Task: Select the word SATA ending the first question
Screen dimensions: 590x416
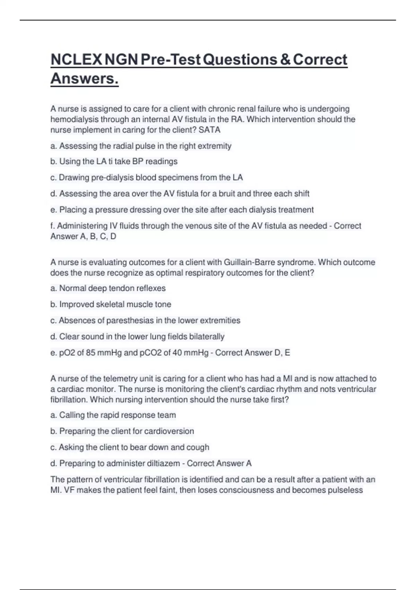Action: [209, 130]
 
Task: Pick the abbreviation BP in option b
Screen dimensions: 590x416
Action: [138, 161]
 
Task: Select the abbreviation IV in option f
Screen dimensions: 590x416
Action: [114, 226]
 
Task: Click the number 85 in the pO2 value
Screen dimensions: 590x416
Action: [91, 353]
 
